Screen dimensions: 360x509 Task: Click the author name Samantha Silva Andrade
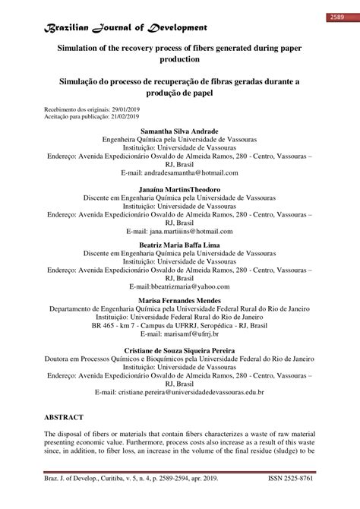pyautogui.click(x=180, y=131)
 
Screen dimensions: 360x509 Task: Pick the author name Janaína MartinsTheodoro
pyautogui.click(x=180, y=188)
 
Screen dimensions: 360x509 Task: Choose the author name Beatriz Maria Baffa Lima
pyautogui.click(x=180, y=245)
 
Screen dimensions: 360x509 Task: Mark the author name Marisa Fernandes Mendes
pyautogui.click(x=180, y=302)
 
